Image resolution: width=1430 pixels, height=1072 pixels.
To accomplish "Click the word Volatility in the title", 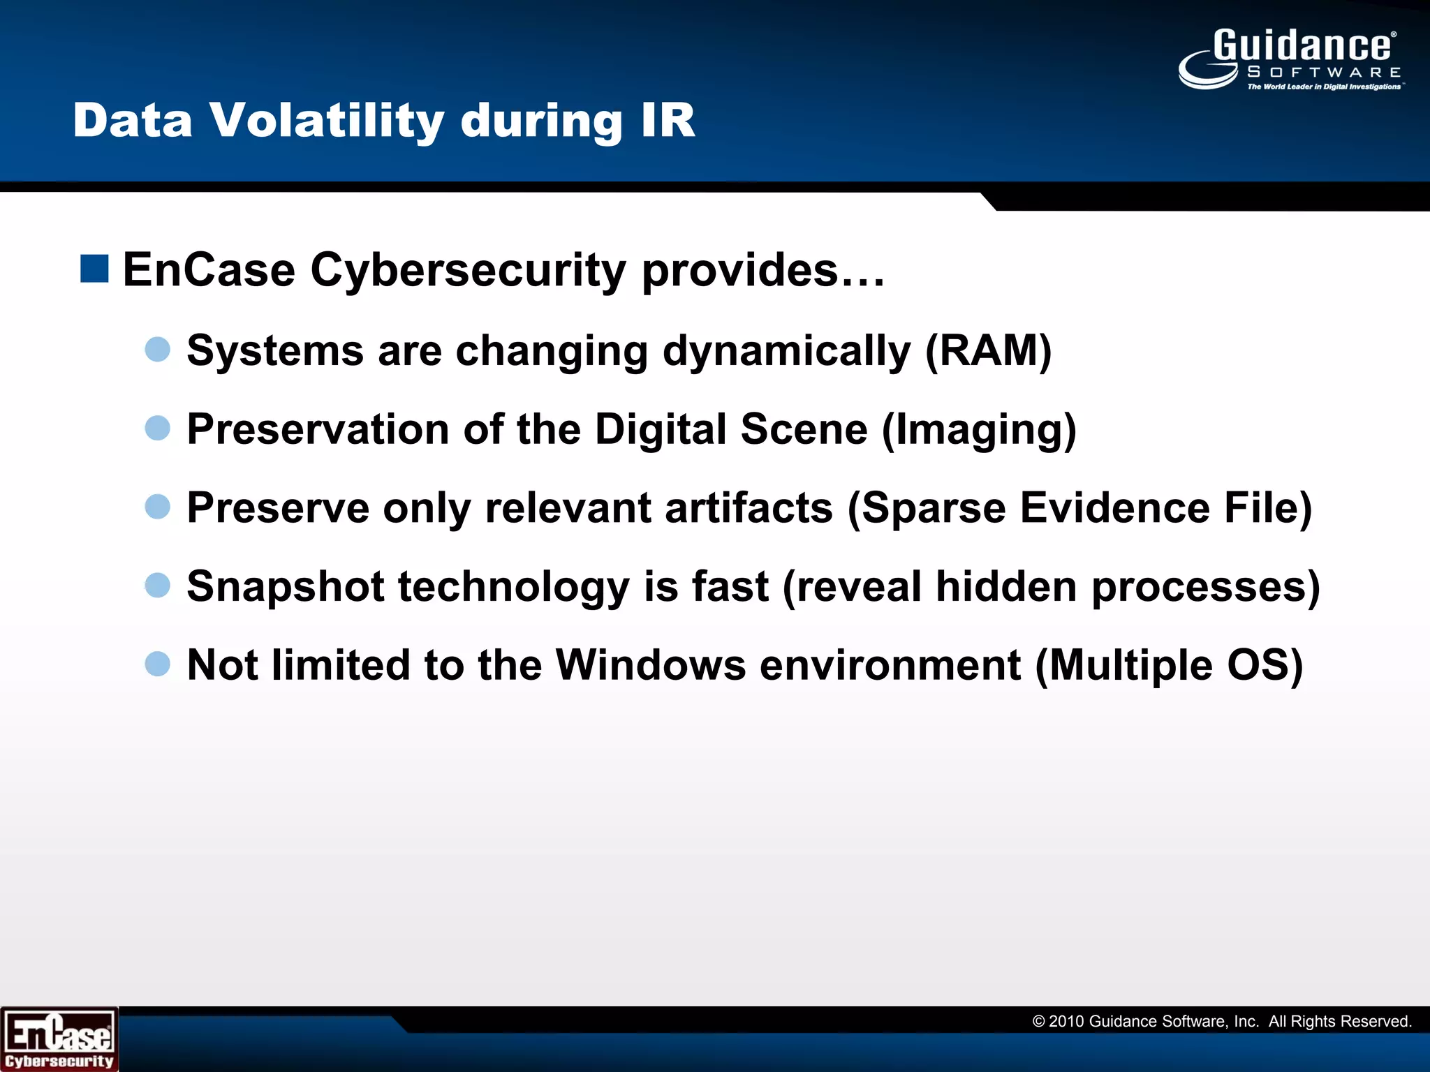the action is (x=326, y=121).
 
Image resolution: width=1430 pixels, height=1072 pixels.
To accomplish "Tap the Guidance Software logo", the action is (x=1292, y=59).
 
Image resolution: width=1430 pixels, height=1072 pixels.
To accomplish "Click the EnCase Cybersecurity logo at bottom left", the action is (x=59, y=1039).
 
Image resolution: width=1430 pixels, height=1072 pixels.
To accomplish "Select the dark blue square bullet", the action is (x=94, y=269).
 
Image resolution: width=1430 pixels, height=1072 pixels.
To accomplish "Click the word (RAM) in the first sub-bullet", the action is (x=988, y=350).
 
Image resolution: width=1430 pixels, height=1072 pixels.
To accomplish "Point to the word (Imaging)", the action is (x=979, y=429).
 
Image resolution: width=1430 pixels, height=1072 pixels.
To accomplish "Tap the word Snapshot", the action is (x=286, y=586).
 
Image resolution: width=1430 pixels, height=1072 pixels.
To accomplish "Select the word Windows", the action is (x=651, y=664).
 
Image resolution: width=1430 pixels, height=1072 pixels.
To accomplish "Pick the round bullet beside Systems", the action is (x=158, y=349).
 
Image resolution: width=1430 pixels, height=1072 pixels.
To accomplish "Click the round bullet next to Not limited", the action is (x=158, y=664).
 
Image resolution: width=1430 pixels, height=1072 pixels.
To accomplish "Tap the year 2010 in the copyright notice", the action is (x=1066, y=1022).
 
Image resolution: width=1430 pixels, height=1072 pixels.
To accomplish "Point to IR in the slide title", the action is (x=668, y=121).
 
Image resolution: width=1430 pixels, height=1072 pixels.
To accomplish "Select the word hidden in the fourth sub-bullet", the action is (x=1006, y=586).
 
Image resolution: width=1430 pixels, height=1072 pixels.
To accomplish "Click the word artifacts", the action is (x=749, y=507).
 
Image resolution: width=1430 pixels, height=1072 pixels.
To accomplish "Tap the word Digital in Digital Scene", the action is (x=661, y=429).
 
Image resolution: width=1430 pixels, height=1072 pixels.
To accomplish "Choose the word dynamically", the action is (x=786, y=350).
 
